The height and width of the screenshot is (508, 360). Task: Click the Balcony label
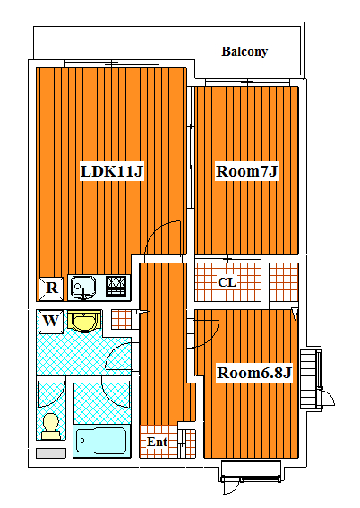[x=244, y=51]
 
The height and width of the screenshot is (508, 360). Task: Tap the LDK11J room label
[x=112, y=171]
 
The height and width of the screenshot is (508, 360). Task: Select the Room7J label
[x=246, y=171]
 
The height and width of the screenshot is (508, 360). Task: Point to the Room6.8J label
[x=254, y=373]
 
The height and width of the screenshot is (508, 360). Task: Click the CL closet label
[x=227, y=282]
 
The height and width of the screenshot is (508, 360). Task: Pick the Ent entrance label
[x=157, y=442]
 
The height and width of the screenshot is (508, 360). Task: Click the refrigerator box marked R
[x=51, y=288]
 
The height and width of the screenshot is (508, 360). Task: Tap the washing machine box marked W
[x=51, y=322]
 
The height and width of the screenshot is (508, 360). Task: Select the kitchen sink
[x=83, y=287]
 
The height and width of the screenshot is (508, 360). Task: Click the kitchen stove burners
[x=116, y=286]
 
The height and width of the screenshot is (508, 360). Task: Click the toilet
[x=51, y=426]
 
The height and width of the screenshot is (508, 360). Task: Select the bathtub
[x=102, y=441]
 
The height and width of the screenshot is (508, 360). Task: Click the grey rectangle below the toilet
[x=51, y=453]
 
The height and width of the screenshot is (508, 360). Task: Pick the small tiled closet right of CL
[x=284, y=282]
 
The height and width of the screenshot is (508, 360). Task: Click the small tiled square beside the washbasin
[x=122, y=320]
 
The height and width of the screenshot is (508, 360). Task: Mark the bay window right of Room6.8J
[x=312, y=378]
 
